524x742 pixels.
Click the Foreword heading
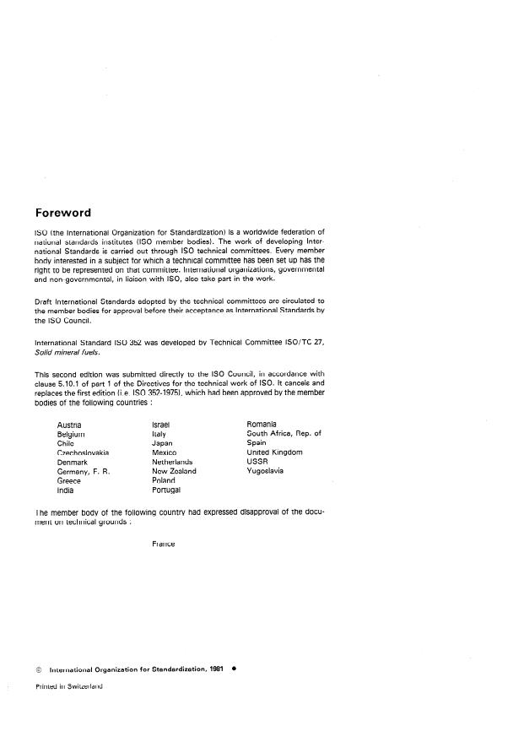pos(62,212)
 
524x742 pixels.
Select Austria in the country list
pos(70,424)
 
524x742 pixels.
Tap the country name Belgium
pos(72,433)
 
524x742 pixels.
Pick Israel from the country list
pos(161,424)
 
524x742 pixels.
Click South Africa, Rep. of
pos(284,433)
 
